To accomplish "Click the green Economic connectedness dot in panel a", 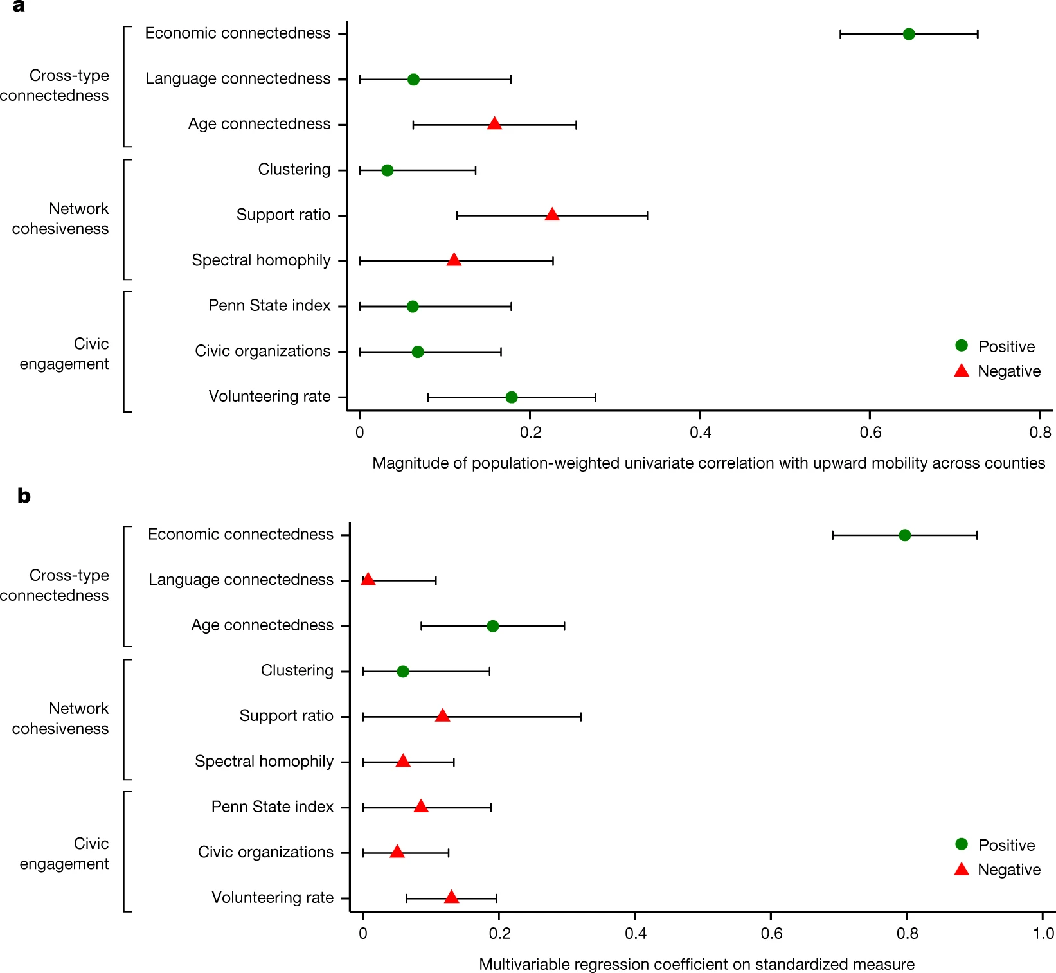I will point(908,34).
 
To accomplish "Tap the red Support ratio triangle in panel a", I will point(551,215).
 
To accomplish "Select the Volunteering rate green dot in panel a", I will point(511,397).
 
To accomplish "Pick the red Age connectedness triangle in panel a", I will point(494,124).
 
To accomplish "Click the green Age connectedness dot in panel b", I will point(492,626).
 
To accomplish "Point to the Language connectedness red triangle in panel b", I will point(368,580).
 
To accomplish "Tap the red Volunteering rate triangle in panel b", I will point(451,897).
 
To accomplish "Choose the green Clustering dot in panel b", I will point(402,672).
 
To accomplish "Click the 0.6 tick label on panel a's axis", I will point(870,433).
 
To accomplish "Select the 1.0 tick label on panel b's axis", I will point(1043,933).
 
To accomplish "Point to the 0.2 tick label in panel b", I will point(499,933).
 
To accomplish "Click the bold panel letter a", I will point(19,6).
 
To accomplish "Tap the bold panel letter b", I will point(24,495).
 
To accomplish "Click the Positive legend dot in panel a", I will point(961,346).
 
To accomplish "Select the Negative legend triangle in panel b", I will point(961,870).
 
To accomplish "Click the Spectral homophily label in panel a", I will point(261,260).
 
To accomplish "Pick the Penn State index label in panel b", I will point(272,807).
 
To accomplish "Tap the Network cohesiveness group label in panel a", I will point(60,219).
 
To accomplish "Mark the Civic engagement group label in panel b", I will point(64,853).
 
